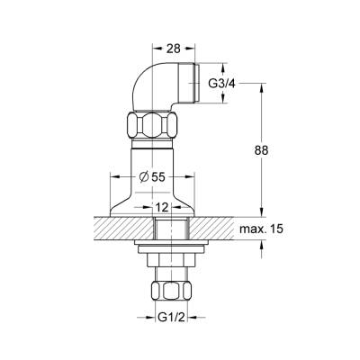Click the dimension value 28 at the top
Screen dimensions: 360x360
point(174,49)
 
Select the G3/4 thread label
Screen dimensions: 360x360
point(221,84)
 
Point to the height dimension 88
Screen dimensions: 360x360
point(261,150)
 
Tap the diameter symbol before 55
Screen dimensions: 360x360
point(144,177)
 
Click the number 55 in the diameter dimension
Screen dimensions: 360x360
point(158,177)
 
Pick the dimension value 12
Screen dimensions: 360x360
point(162,207)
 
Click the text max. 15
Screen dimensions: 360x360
point(261,229)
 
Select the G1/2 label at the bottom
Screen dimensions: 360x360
point(171,317)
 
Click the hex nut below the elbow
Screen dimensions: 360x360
point(152,124)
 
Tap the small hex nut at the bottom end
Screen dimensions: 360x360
point(171,291)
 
